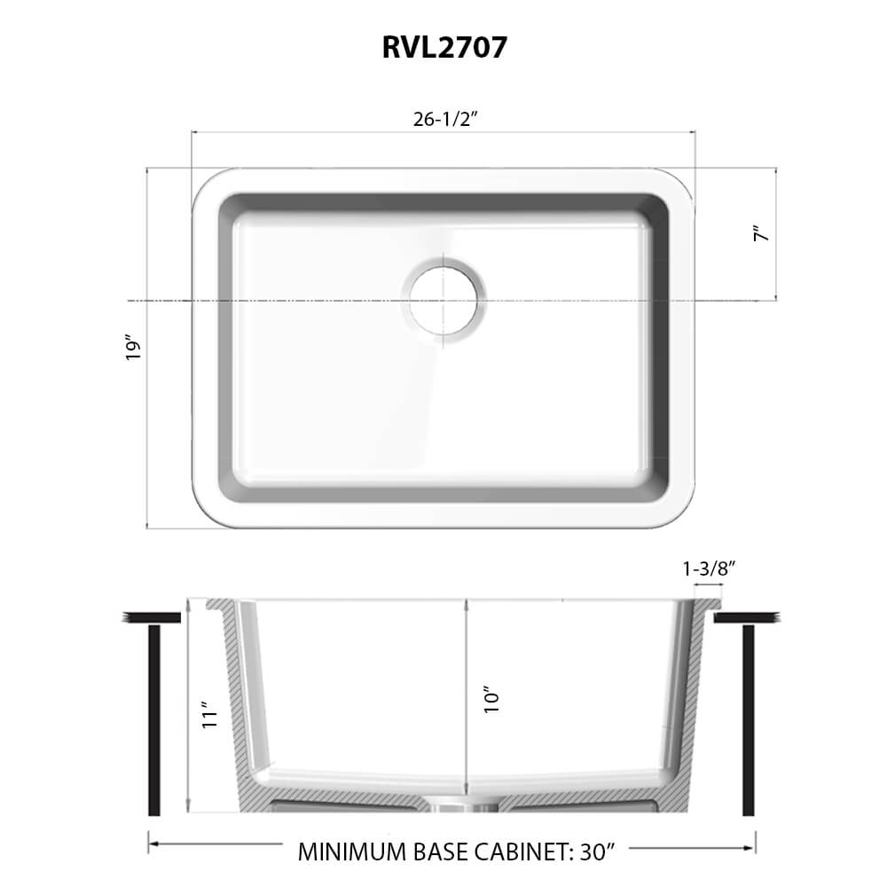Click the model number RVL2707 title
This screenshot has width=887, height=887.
click(444, 47)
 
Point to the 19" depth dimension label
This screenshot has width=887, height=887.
click(134, 347)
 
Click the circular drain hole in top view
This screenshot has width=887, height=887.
click(443, 297)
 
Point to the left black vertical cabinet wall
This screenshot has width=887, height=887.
click(154, 719)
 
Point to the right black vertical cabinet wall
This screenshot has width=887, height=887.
click(748, 719)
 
